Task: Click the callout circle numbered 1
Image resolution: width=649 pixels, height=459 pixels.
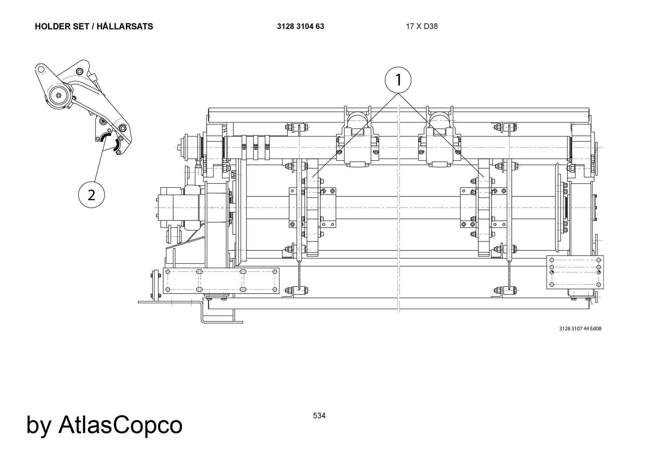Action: tap(398, 80)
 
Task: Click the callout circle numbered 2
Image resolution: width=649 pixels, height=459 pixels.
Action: tap(92, 195)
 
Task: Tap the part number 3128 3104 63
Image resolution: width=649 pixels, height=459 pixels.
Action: tap(300, 27)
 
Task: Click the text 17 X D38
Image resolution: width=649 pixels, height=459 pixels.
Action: tap(422, 27)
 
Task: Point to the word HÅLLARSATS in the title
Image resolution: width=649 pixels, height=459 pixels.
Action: tap(125, 27)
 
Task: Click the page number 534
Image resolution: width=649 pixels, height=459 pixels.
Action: tap(319, 416)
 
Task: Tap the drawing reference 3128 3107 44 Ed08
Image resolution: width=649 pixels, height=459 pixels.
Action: tap(580, 329)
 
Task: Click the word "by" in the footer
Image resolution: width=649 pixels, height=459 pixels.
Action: tap(38, 425)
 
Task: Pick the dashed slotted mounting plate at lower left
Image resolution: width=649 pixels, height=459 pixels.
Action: tap(221, 281)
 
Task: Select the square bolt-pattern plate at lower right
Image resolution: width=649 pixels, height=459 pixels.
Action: tap(575, 272)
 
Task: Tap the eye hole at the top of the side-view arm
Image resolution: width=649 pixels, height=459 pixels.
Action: tap(40, 69)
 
